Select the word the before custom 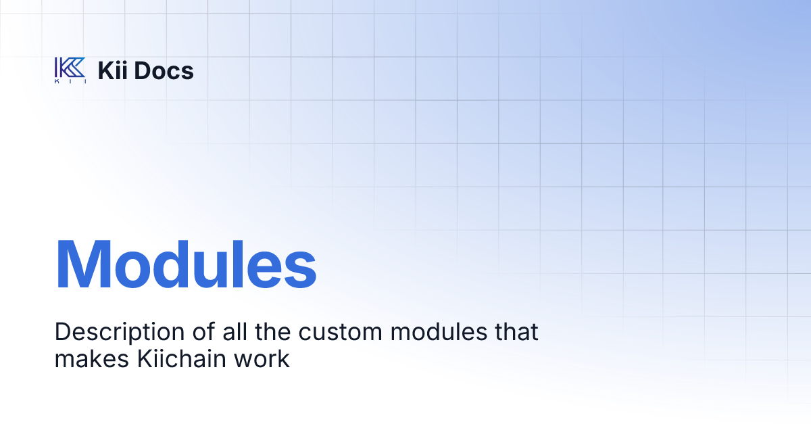[x=248, y=332]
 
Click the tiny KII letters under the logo [x=70, y=82]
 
